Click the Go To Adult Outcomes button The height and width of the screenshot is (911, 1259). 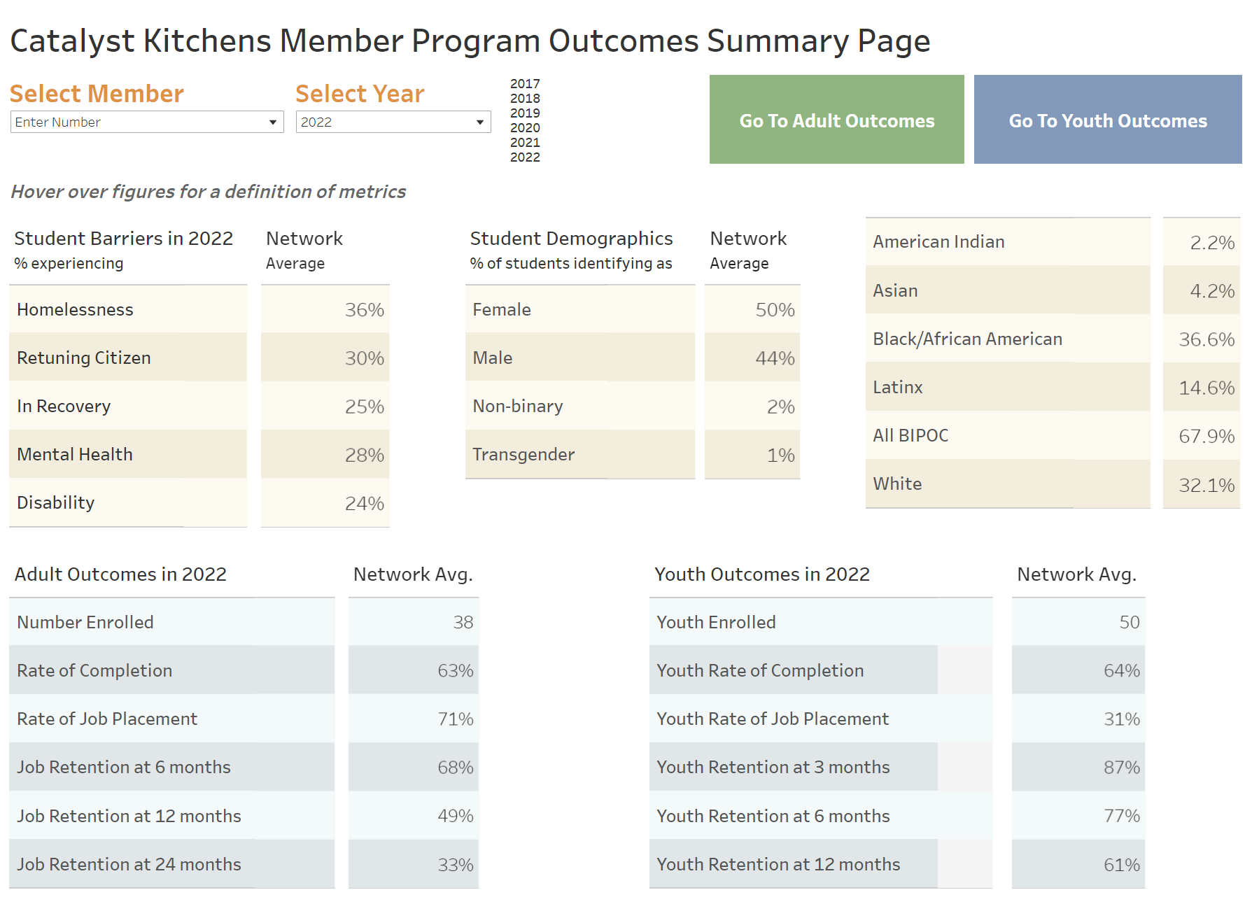coord(836,120)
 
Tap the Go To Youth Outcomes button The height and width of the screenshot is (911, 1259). coord(1107,120)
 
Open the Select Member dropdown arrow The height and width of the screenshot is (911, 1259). coord(273,122)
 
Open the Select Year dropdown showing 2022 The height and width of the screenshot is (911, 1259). coord(393,122)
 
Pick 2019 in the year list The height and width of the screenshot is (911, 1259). coord(525,113)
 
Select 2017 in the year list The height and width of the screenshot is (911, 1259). coord(525,84)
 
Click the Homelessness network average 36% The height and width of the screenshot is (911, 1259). coord(364,310)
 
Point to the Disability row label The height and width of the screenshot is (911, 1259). coord(56,503)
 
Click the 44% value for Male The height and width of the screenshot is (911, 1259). coord(775,358)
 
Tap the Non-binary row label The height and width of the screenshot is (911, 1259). coord(518,407)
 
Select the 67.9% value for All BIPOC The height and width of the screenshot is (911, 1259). coord(1206,437)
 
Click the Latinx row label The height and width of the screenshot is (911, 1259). coord(898,388)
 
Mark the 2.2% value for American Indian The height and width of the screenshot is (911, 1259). coord(1211,243)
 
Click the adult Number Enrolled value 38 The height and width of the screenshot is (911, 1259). coord(463,623)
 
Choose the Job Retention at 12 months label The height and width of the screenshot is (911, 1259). coord(129,817)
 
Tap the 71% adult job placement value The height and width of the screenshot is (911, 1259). coord(455,719)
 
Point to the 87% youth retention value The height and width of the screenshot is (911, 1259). coord(1121,768)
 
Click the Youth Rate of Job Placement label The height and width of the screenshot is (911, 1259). coord(772,719)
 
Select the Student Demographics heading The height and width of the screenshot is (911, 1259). coord(571,239)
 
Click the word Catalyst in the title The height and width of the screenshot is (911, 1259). coord(72,41)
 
